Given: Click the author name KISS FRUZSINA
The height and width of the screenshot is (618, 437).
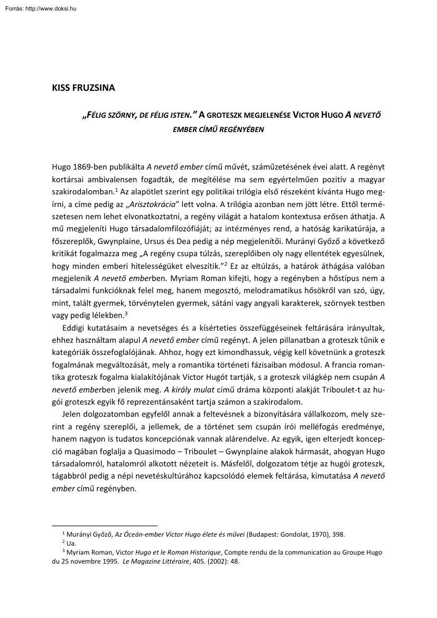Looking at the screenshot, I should [83, 88].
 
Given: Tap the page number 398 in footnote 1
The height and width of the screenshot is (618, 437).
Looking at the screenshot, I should [339, 535].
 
